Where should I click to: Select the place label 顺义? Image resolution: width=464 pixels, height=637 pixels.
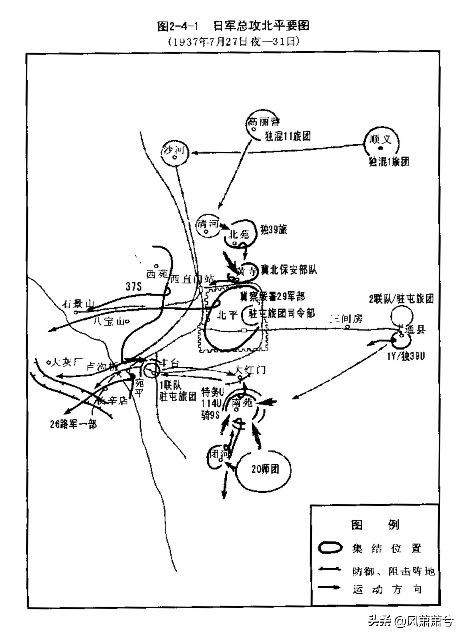(381, 139)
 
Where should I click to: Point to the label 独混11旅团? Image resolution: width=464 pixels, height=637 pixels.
(288, 136)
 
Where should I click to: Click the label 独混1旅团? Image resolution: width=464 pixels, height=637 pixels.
(389, 162)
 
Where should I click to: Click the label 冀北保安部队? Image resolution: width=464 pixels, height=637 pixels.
(289, 270)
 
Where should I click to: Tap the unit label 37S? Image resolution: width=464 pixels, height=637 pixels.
(134, 286)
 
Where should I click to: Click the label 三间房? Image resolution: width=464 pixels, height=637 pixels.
(347, 318)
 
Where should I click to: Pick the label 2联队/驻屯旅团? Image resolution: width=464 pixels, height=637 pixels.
(401, 299)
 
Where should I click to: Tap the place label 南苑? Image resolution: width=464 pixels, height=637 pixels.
(242, 402)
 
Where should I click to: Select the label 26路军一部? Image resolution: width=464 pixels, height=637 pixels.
(73, 424)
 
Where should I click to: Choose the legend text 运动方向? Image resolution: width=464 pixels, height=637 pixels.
(387, 589)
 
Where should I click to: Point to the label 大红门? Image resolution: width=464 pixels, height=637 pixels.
(251, 370)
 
